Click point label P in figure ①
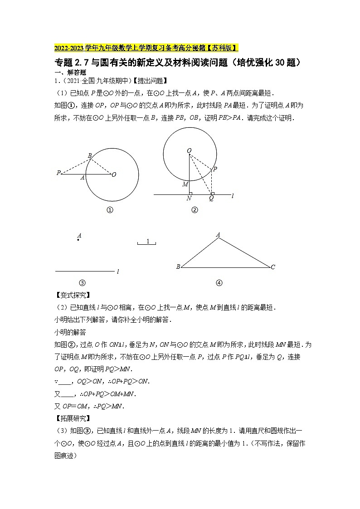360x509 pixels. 58,173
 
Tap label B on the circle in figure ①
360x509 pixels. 90,155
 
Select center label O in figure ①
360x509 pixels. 114,174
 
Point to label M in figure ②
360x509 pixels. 185,184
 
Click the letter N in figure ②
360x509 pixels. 189,199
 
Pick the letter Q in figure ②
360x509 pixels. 211,199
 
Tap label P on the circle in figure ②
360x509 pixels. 215,169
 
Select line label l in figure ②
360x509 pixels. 232,195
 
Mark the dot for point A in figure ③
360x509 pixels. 78,239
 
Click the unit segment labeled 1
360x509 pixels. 147,242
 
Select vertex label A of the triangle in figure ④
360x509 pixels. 218,234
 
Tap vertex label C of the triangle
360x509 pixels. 273,267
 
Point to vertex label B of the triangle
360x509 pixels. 178,267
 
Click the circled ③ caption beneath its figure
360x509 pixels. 82,283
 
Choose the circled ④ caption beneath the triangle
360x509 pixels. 219,283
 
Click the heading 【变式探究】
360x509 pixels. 72,295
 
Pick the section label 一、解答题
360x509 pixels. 70,72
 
